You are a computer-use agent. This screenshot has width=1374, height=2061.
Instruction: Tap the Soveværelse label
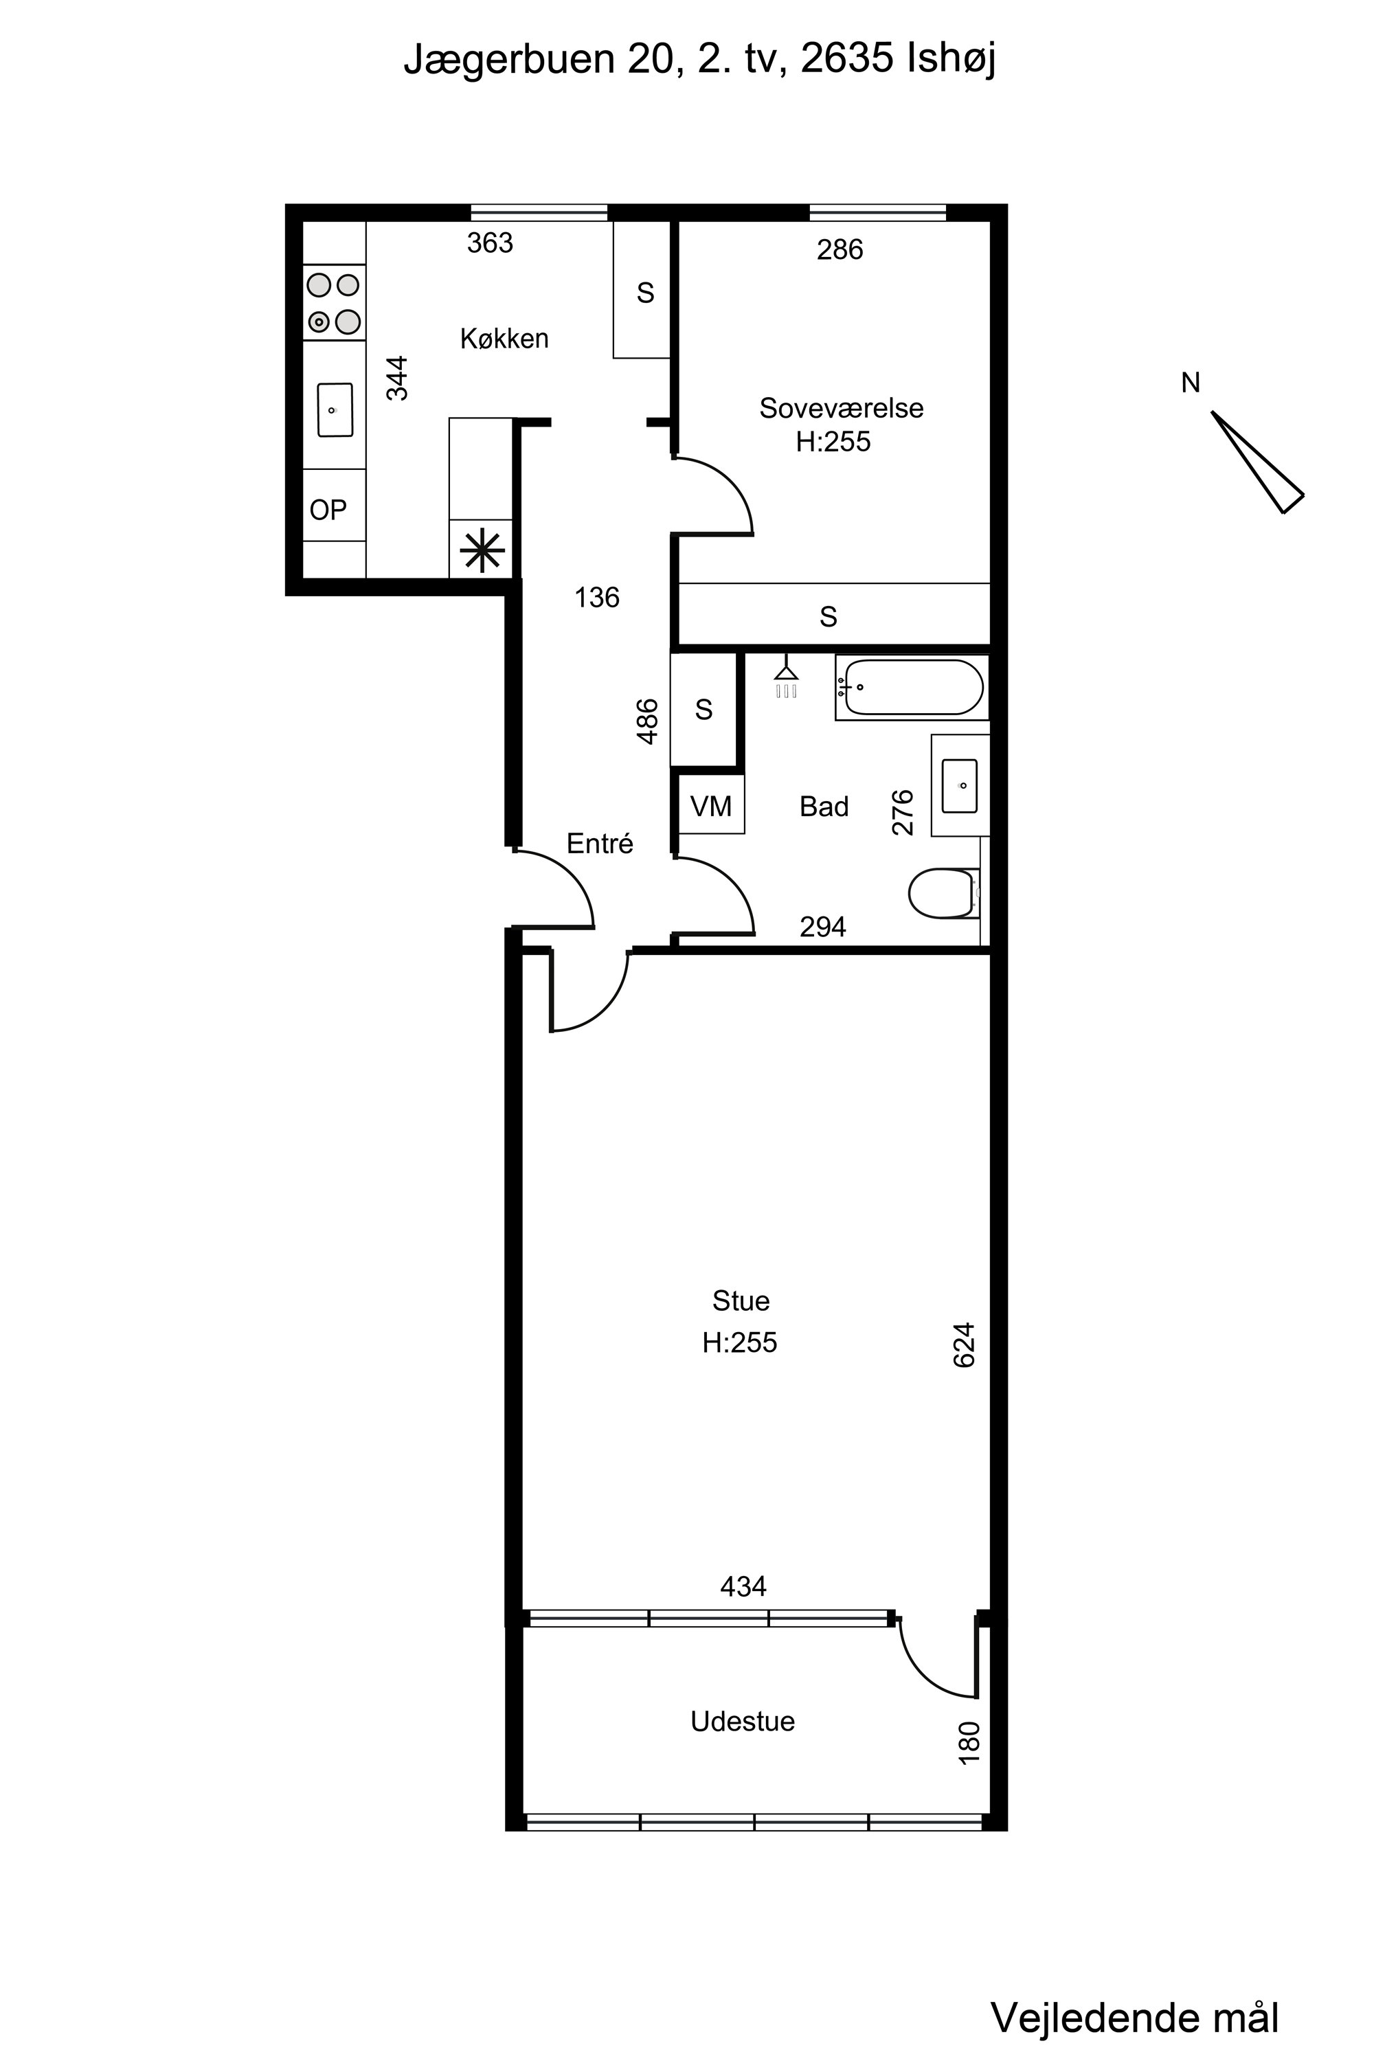[x=841, y=408]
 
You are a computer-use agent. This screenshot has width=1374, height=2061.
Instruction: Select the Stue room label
[x=741, y=1300]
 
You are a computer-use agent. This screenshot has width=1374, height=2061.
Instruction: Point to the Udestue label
[x=742, y=1721]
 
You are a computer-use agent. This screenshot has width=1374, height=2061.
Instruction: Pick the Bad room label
[x=824, y=806]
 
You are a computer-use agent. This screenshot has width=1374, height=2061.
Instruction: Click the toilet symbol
[x=944, y=893]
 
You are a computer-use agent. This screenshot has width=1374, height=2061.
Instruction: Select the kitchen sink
[x=335, y=409]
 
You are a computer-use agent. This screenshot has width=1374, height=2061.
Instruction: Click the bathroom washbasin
[x=960, y=786]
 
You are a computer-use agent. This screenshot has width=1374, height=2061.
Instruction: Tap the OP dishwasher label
[x=328, y=509]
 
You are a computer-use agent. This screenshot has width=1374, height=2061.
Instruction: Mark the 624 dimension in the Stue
[x=964, y=1344]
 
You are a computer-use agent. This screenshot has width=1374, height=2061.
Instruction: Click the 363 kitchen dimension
[x=490, y=243]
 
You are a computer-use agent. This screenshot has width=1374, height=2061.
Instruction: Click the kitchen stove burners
[x=334, y=302]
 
